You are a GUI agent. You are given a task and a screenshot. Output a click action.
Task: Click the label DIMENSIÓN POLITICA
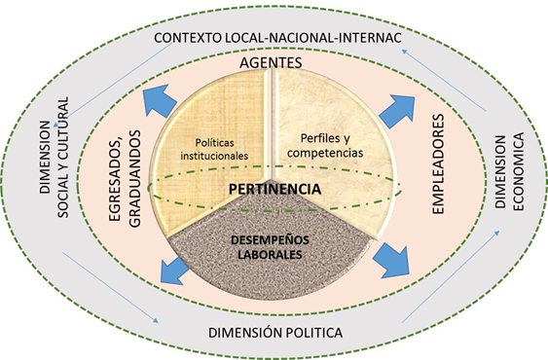point(275,334)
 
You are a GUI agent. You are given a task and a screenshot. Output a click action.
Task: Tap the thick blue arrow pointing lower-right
point(390,257)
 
